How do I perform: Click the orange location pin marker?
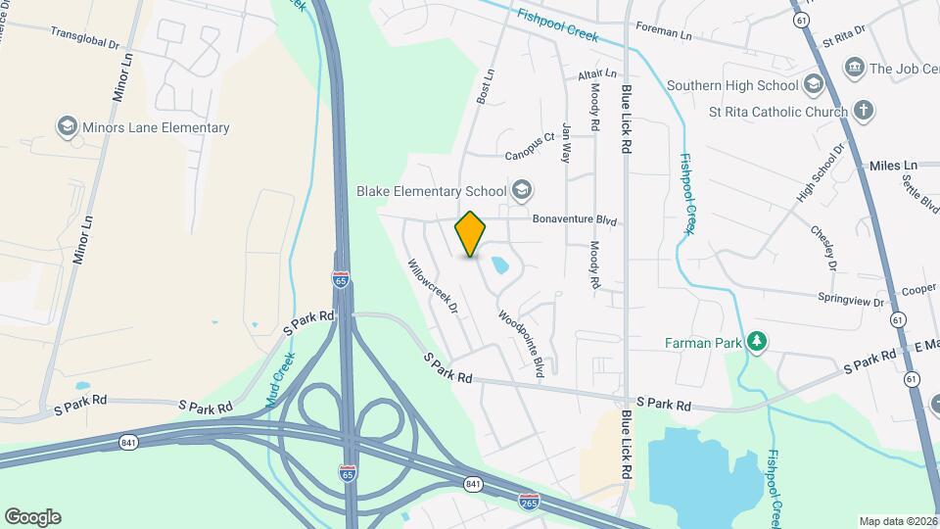471,234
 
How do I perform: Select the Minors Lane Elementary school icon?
67,127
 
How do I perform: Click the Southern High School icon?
813,85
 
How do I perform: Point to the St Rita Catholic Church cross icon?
864,110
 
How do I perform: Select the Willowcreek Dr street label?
433,285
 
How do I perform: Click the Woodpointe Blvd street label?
521,344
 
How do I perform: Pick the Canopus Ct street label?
530,147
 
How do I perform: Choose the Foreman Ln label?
663,32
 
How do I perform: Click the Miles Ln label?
896,165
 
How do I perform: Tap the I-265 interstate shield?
528,501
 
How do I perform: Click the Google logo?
32,516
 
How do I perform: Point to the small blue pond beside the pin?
499,265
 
